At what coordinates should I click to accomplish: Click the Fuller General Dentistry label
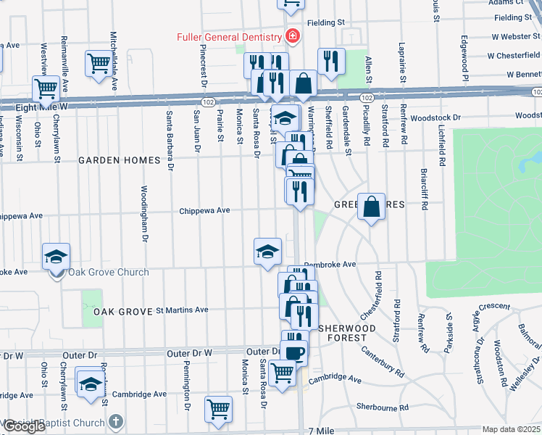pos(229,37)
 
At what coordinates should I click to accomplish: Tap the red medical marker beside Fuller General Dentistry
pos(292,36)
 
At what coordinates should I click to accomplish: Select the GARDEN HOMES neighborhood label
pos(119,160)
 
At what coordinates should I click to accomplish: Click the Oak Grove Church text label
pos(108,273)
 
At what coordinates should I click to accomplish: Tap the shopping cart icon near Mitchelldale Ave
pos(99,63)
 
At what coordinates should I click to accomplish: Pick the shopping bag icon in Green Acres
pos(371,207)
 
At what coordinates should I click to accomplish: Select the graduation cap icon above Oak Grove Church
pos(56,256)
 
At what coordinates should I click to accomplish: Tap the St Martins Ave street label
pos(182,310)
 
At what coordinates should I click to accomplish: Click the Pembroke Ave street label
pos(330,265)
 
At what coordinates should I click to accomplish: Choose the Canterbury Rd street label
pos(383,361)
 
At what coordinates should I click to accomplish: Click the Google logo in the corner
pos(24,426)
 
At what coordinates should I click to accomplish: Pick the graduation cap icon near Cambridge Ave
pos(91,384)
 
